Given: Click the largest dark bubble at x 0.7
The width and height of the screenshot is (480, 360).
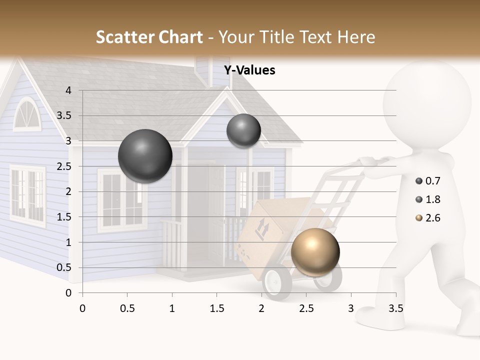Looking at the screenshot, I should tap(145, 156).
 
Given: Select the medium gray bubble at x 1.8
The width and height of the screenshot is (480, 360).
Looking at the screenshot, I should tap(243, 131).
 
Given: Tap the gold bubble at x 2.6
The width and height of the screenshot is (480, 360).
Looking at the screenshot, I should tap(315, 252).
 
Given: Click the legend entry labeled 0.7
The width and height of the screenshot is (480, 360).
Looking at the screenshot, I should tap(428, 181).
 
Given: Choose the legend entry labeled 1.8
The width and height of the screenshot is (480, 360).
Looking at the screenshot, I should tap(428, 199).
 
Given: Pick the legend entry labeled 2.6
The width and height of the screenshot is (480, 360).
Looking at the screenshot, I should tap(428, 218).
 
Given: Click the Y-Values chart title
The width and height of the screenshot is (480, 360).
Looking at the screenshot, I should tap(249, 70).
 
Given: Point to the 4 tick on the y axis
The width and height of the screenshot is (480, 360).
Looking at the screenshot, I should tap(68, 90).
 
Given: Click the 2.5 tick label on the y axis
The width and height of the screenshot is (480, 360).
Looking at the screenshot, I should tap(64, 166).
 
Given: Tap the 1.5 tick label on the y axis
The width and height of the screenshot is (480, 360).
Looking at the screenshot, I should tap(64, 217).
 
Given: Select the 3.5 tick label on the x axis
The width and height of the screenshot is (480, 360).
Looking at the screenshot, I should tap(395, 308).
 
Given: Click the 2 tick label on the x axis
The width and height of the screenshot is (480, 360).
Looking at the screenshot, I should tap(261, 308).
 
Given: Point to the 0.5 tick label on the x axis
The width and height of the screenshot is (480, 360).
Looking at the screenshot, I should tap(127, 308).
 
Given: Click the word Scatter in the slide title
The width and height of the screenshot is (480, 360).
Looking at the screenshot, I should tap(125, 37).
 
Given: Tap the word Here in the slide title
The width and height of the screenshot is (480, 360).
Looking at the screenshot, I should tap(356, 37).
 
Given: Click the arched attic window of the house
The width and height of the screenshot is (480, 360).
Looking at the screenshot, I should tap(25, 114).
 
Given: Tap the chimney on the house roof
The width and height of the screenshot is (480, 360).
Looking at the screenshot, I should tap(204, 70).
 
